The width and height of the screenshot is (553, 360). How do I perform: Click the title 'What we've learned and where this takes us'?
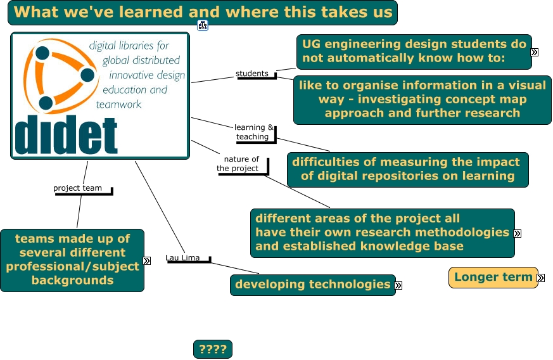[x=203, y=12]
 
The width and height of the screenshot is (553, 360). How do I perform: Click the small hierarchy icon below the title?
[x=203, y=25]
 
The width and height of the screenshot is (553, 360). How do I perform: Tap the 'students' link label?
[x=252, y=74]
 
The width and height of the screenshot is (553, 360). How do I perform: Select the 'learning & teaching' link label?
[x=253, y=132]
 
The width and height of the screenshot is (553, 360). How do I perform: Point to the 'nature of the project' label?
[x=239, y=164]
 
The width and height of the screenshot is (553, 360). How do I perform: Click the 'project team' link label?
[x=77, y=188]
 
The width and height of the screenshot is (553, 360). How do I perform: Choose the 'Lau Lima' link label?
[x=182, y=258]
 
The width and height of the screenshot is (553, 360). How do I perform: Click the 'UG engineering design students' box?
[x=414, y=52]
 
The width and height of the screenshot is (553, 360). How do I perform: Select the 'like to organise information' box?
[x=422, y=100]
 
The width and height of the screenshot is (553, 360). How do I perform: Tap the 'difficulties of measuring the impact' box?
[x=408, y=169]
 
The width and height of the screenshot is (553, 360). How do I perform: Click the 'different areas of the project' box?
[x=383, y=233]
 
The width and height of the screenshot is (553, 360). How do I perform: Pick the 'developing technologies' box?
[x=313, y=285]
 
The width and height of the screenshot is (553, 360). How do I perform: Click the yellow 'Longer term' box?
[x=493, y=278]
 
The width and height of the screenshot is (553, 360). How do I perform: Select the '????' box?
[x=213, y=349]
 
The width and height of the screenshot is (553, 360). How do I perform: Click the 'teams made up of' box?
[x=72, y=260]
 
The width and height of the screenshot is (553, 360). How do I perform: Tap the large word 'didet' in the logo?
[x=66, y=135]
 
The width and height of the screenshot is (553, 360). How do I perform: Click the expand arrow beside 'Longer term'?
[x=541, y=278]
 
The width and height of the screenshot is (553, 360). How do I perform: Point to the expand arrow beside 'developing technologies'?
[x=398, y=285]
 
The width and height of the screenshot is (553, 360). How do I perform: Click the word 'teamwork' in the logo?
[x=118, y=105]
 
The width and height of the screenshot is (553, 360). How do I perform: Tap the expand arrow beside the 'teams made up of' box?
[x=147, y=261]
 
